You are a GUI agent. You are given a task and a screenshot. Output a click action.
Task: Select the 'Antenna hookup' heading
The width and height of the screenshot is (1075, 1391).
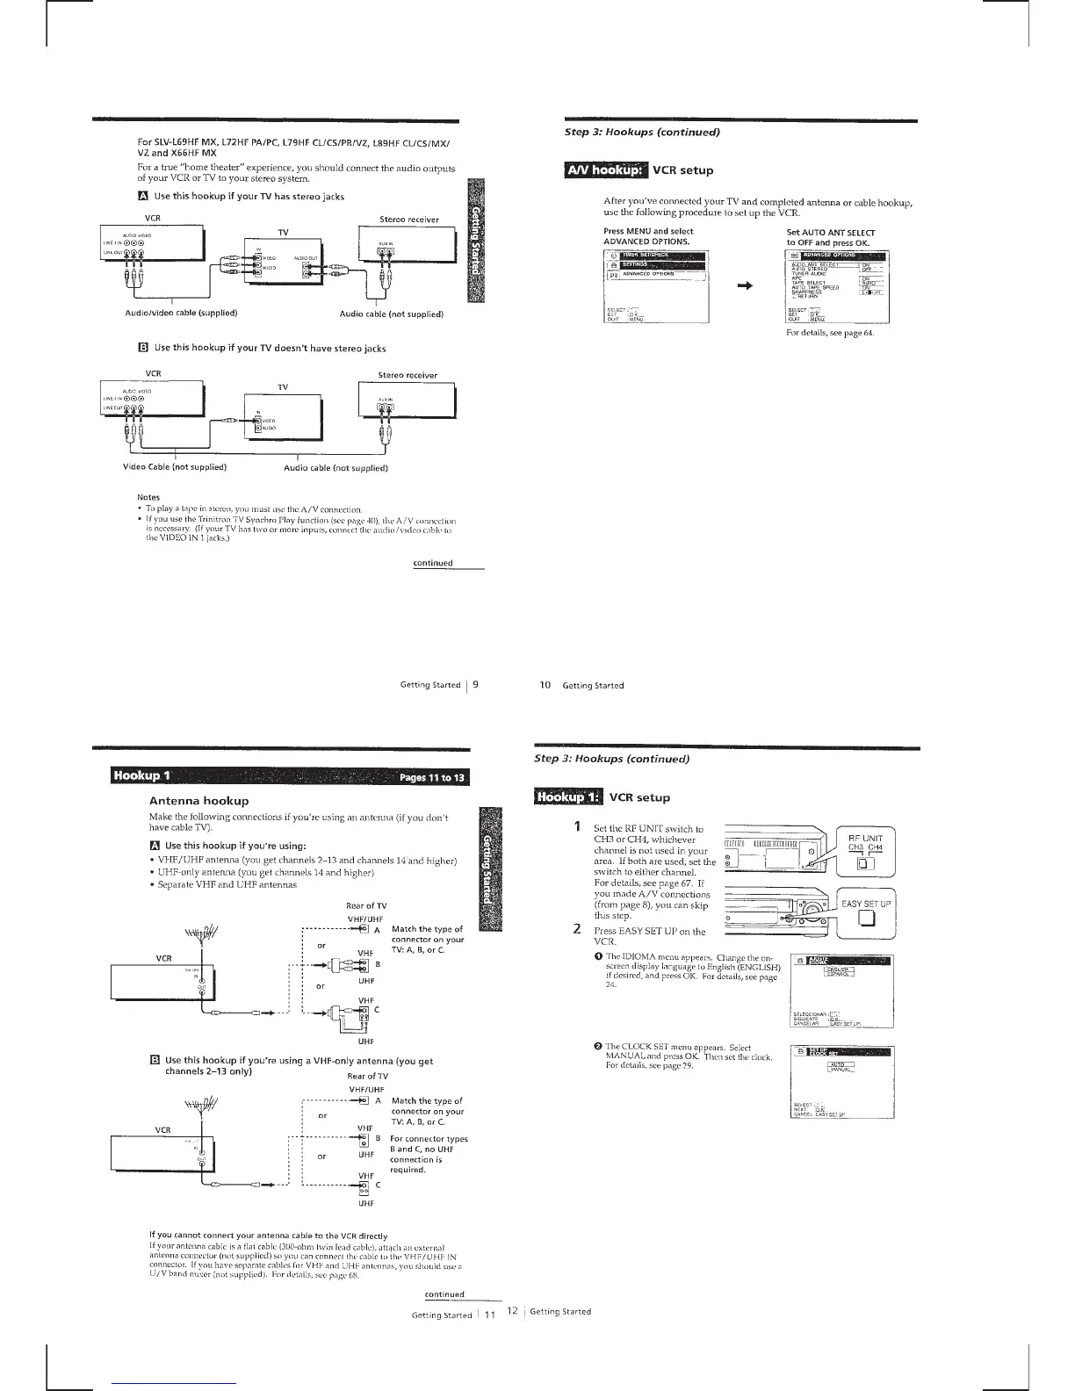(199, 801)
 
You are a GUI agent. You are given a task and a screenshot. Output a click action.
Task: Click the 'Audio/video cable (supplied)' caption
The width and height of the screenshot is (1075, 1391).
(181, 313)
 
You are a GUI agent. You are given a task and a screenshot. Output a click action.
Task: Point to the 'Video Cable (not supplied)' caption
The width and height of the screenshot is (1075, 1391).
(176, 466)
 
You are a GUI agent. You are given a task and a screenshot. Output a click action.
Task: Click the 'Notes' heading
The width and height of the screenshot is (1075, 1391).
(148, 497)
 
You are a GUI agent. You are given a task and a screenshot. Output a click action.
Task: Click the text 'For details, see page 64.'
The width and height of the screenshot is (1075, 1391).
(830, 333)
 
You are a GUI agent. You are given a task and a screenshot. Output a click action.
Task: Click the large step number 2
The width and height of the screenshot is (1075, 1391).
(577, 928)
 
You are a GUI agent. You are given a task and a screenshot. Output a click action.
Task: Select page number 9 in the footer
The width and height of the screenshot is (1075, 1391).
(475, 684)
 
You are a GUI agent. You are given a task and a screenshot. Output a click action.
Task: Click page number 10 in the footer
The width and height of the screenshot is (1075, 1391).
(545, 685)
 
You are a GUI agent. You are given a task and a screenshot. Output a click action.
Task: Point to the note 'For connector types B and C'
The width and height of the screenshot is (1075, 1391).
(429, 1154)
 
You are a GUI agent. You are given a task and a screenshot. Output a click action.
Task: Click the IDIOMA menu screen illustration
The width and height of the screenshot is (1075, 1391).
(841, 991)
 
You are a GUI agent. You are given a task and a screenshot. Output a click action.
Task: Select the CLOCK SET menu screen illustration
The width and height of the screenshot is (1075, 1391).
(841, 1082)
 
